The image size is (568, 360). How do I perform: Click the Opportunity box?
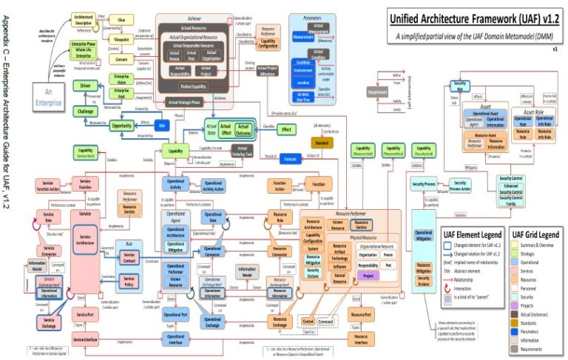tap(121, 126)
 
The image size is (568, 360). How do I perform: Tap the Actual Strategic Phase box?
tap(185, 102)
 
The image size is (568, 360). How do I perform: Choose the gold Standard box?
tap(322, 141)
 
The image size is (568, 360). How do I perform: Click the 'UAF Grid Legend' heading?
tap(535, 234)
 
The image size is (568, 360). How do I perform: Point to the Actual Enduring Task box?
tap(243, 151)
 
